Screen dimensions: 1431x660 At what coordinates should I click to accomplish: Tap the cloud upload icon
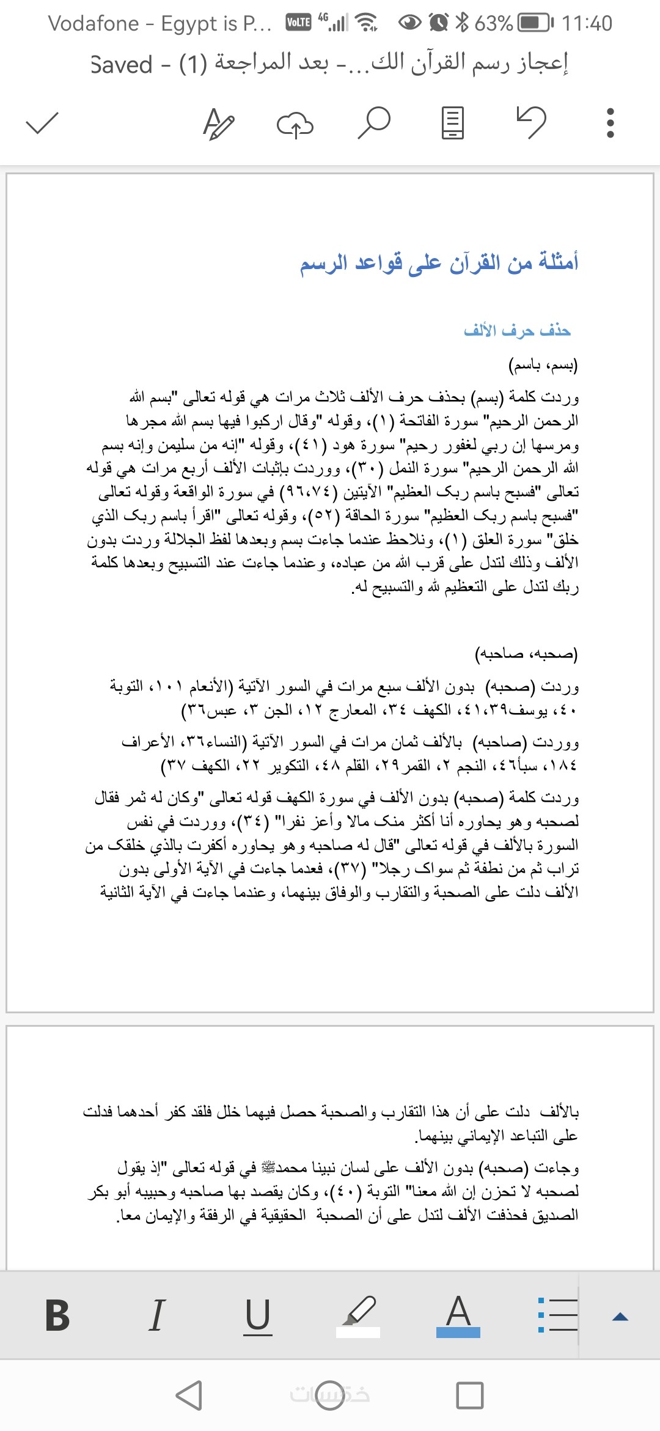pyautogui.click(x=295, y=124)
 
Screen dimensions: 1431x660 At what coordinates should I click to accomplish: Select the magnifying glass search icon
pyautogui.click(x=373, y=122)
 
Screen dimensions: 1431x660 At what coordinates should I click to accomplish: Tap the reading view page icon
pyautogui.click(x=452, y=122)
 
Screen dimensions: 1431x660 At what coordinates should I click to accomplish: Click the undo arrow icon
pyautogui.click(x=531, y=122)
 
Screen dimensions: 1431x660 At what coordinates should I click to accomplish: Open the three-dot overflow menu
pyautogui.click(x=609, y=122)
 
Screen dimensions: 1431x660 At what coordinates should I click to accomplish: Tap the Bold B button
pyautogui.click(x=57, y=1315)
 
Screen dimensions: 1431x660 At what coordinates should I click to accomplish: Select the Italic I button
pyautogui.click(x=157, y=1315)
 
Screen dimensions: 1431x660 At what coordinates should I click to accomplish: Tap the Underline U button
pyautogui.click(x=257, y=1315)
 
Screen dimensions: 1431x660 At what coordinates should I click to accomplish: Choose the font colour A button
pyautogui.click(x=458, y=1315)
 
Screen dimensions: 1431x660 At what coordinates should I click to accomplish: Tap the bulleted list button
pyautogui.click(x=557, y=1315)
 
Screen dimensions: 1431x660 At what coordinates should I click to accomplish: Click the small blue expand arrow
pyautogui.click(x=620, y=1317)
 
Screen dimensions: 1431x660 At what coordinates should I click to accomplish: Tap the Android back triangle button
pyautogui.click(x=189, y=1396)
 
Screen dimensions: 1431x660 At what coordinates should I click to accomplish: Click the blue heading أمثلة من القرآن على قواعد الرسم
pyautogui.click(x=439, y=263)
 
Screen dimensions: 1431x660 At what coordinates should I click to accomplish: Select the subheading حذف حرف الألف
pyautogui.click(x=517, y=331)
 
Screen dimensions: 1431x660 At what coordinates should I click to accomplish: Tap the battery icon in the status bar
pyautogui.click(x=535, y=23)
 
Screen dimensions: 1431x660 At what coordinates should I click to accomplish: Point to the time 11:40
pyautogui.click(x=587, y=23)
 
